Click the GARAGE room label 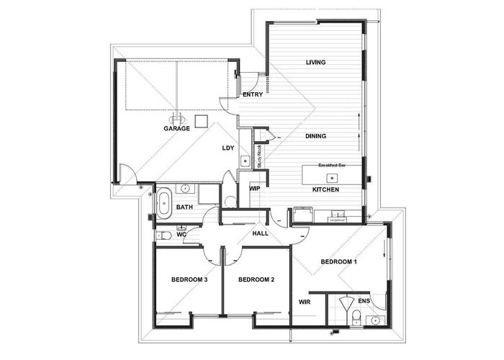(x=176, y=129)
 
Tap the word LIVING (x=316, y=63)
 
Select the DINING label (x=315, y=135)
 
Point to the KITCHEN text (x=325, y=190)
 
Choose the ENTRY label (x=253, y=94)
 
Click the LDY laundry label (x=228, y=148)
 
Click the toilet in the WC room (x=165, y=235)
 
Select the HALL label (x=260, y=234)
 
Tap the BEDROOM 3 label (x=189, y=279)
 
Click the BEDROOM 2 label (x=257, y=279)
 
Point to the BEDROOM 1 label (x=338, y=262)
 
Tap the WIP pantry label (x=254, y=188)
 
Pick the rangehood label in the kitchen (x=337, y=220)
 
